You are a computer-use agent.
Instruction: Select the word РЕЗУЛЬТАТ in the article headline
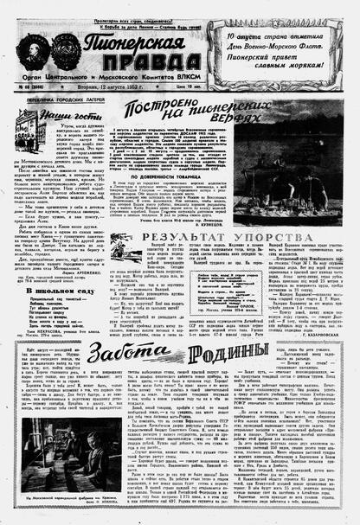[181, 237]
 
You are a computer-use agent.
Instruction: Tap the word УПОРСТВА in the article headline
[274, 237]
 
